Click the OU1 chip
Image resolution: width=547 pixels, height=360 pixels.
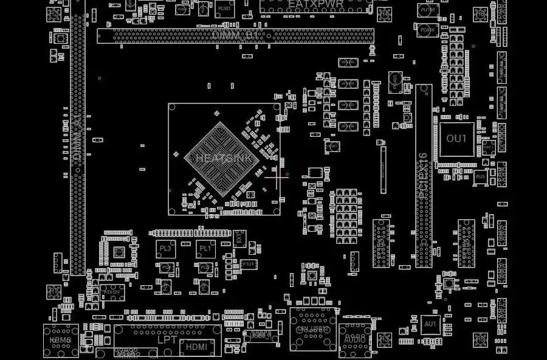pyautogui.click(x=456, y=139)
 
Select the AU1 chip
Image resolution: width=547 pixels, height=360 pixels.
pyautogui.click(x=430, y=324)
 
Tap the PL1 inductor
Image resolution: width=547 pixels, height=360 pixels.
pyautogui.click(x=205, y=248)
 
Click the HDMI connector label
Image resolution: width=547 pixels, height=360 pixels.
pyautogui.click(x=196, y=347)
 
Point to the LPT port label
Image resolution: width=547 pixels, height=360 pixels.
pyautogui.click(x=167, y=339)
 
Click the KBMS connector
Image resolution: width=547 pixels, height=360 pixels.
pyautogui.click(x=61, y=339)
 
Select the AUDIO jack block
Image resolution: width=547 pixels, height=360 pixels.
pyautogui.click(x=354, y=337)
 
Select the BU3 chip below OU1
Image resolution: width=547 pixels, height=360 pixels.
pyautogui.click(x=480, y=176)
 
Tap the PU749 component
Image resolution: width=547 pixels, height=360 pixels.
pyautogui.click(x=427, y=10)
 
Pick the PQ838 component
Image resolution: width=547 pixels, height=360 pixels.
pyautogui.click(x=427, y=29)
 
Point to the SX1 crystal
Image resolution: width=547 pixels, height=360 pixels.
pyautogui.click(x=239, y=239)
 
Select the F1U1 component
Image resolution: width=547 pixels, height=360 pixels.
pyautogui.click(x=249, y=264)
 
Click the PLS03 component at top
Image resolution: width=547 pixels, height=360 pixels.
pyautogui.click(x=225, y=9)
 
